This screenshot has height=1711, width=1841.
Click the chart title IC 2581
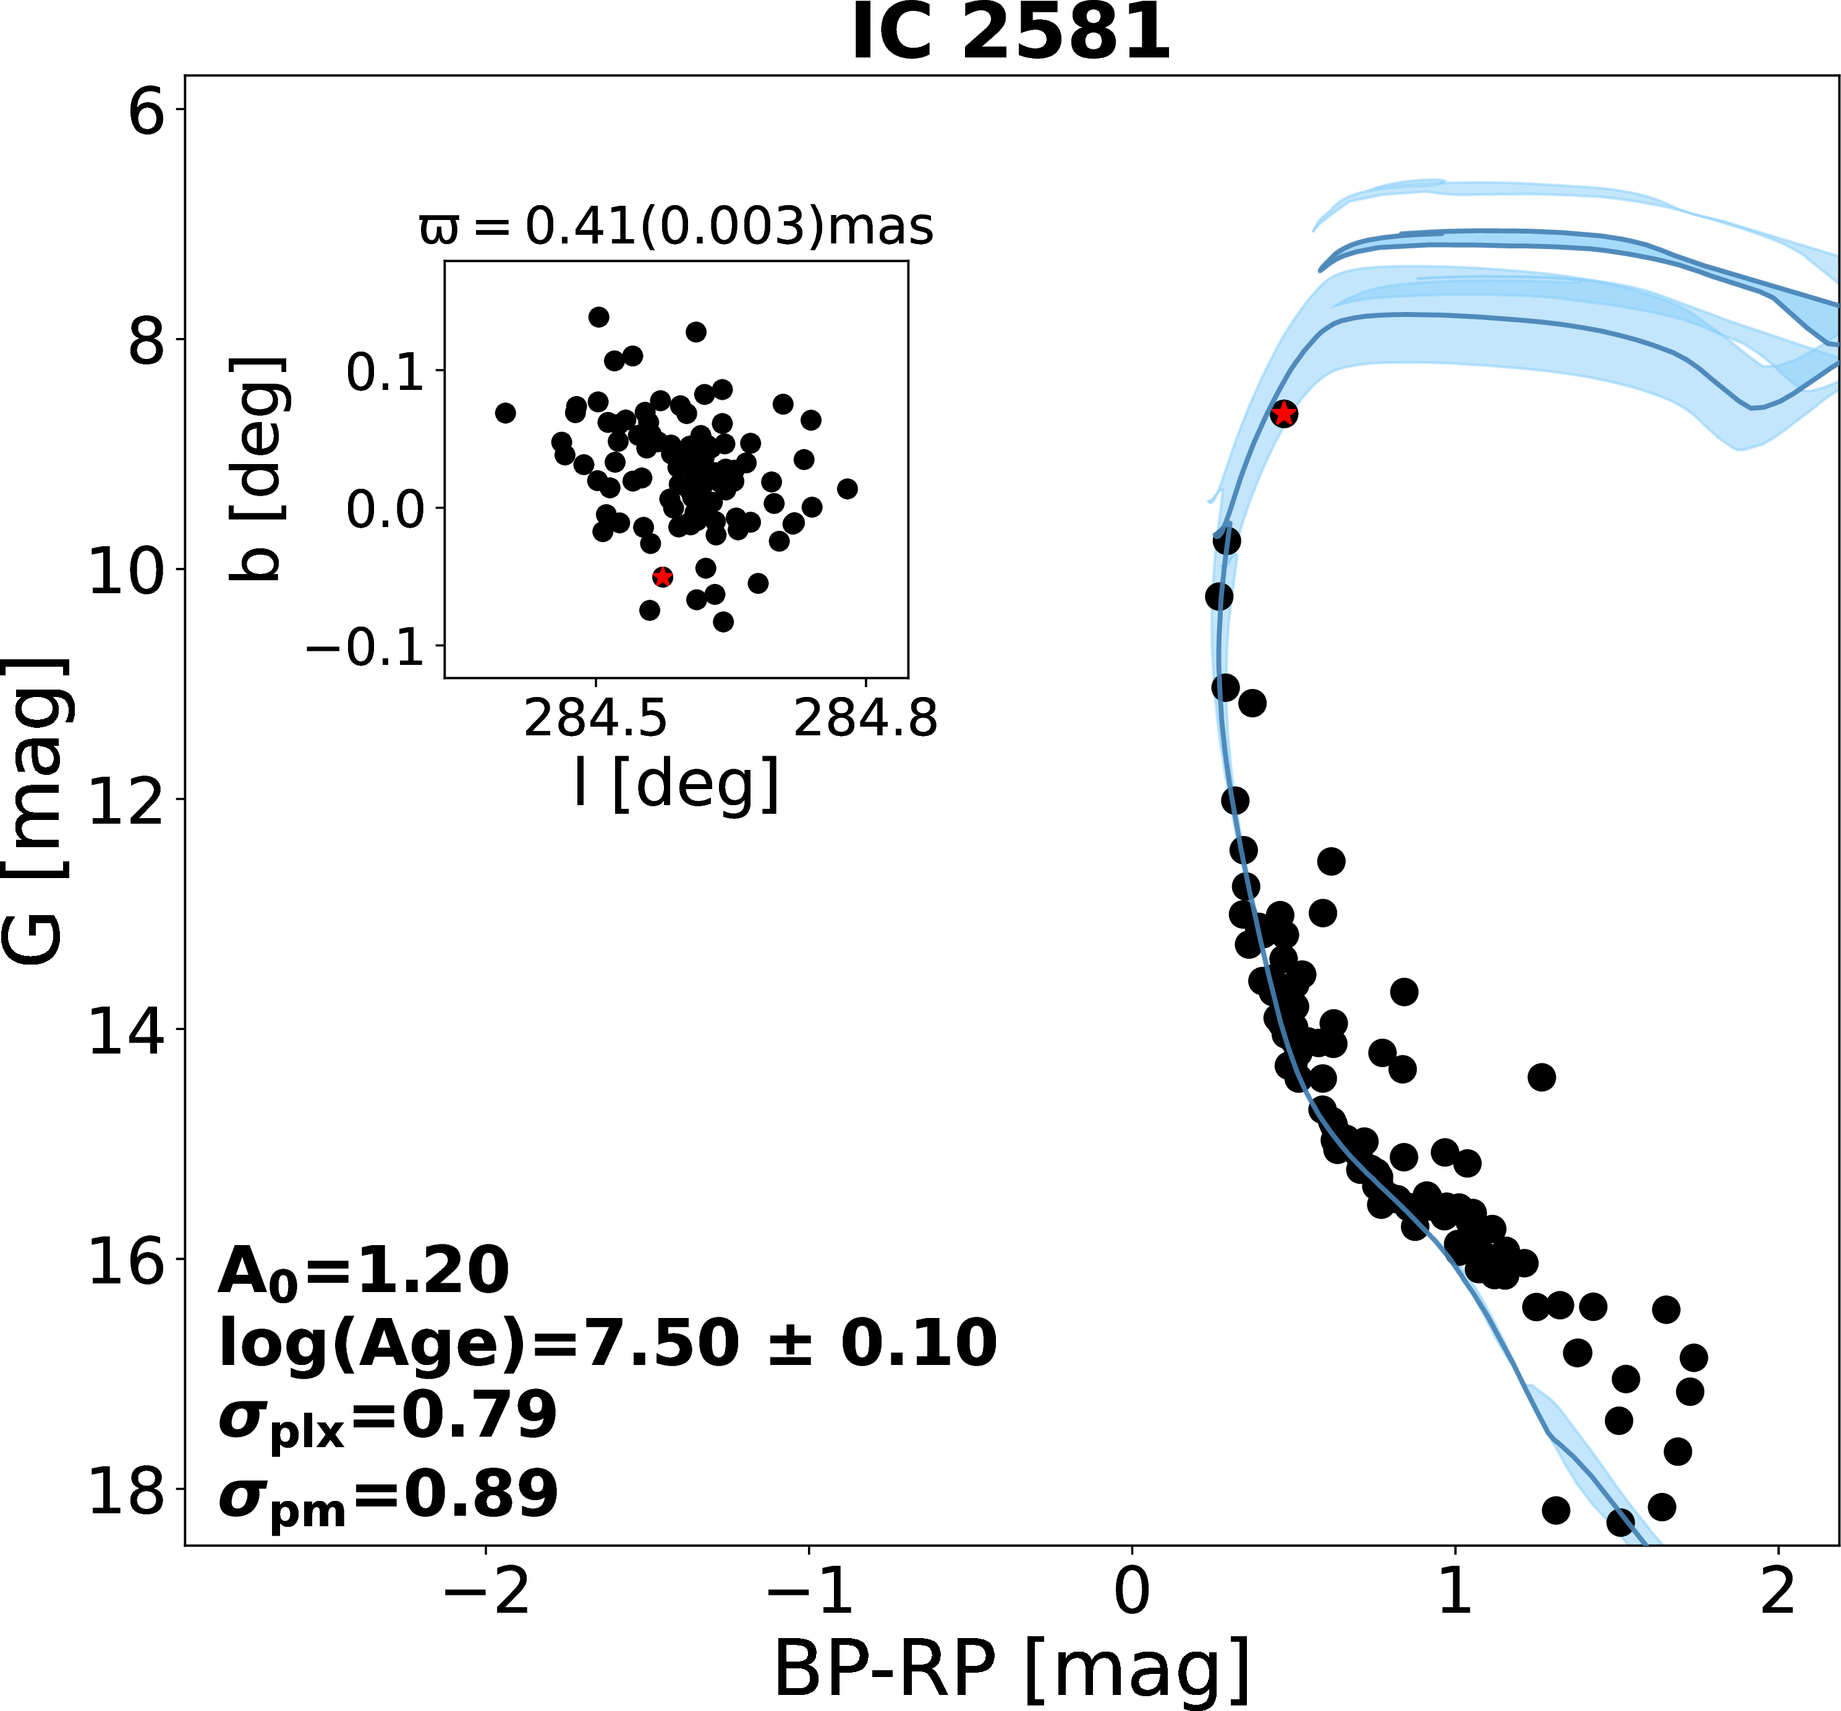1011,33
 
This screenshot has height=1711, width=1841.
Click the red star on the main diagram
1283,414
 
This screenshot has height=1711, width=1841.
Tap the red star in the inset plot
662,577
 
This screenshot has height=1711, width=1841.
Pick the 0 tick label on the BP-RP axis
1132,1591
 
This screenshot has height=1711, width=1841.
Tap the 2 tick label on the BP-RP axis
1778,1591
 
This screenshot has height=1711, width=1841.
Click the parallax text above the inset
676,226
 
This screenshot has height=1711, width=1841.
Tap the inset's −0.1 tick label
364,647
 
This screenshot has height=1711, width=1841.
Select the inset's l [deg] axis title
676,784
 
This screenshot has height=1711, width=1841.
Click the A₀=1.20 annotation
364,1270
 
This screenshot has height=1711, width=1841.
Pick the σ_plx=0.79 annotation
387,1417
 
